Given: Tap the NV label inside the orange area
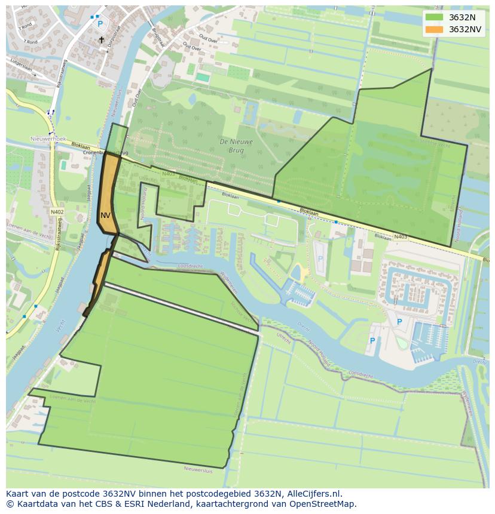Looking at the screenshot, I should pos(105,216).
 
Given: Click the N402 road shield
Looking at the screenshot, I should pos(57,212).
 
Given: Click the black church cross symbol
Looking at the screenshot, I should pos(101,40).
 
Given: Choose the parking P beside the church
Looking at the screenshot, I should pos(100,24).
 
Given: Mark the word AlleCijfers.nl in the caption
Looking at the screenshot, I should pos(312,494).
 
